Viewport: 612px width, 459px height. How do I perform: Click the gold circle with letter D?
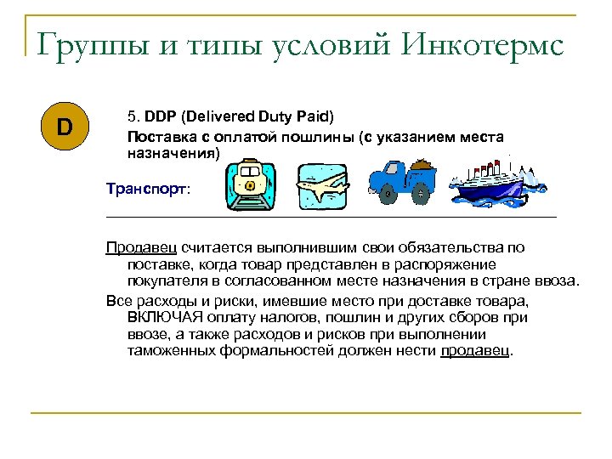[x=65, y=128]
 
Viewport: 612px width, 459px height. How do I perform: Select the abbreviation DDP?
[x=159, y=116]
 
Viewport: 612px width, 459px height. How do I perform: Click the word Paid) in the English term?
[x=317, y=116]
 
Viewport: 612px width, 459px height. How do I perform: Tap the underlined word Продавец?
[x=141, y=247]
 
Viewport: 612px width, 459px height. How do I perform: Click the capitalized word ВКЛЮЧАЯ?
[x=167, y=317]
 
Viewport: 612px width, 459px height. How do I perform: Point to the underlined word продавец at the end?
[x=476, y=350]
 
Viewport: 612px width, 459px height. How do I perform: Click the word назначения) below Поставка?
[x=173, y=154]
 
